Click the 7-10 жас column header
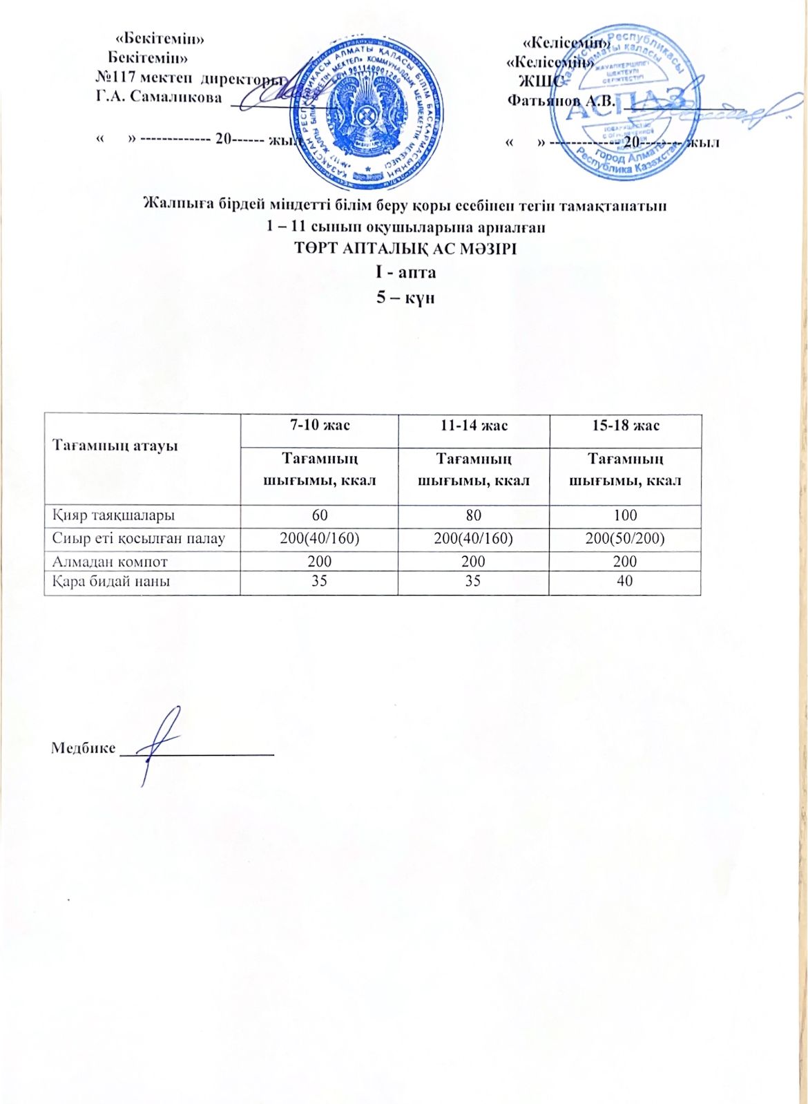(319, 425)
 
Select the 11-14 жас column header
(474, 425)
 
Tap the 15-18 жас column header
(625, 425)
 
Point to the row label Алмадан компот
(110, 562)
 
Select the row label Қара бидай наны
(111, 581)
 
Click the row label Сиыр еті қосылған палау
(139, 538)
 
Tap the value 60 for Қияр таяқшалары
(319, 515)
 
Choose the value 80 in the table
(474, 515)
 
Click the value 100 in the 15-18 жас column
(625, 515)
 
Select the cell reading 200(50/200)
(625, 538)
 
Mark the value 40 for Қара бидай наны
(625, 581)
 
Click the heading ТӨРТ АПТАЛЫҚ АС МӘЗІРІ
(405, 249)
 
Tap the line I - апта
(405, 272)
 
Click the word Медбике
(83, 748)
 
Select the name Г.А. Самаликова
(159, 97)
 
